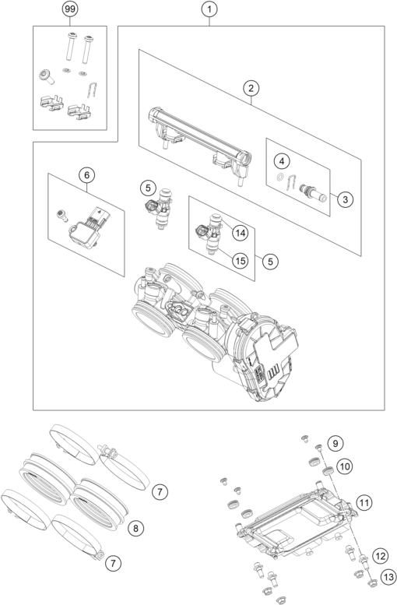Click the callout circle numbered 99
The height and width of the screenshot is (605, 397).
tap(70, 9)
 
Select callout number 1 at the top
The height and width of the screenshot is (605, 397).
tap(209, 9)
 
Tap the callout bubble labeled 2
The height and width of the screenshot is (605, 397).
tap(251, 88)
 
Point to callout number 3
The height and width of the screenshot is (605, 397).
tap(345, 199)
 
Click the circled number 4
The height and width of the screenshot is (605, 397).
tap(282, 161)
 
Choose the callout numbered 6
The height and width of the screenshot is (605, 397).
tap(86, 175)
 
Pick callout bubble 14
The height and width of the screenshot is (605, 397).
tap(240, 233)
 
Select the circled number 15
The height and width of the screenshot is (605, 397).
tap(240, 261)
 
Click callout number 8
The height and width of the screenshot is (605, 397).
tap(135, 528)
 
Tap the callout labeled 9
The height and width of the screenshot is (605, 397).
tap(336, 444)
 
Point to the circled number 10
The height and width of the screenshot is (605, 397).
tap(345, 466)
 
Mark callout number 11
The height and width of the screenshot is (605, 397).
tap(364, 502)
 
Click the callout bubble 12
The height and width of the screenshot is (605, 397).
tap(381, 556)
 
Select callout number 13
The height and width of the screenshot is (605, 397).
tap(388, 577)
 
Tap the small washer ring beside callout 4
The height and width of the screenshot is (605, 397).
tap(279, 178)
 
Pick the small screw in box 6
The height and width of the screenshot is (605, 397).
tap(61, 216)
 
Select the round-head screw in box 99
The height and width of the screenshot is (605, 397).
tap(46, 76)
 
